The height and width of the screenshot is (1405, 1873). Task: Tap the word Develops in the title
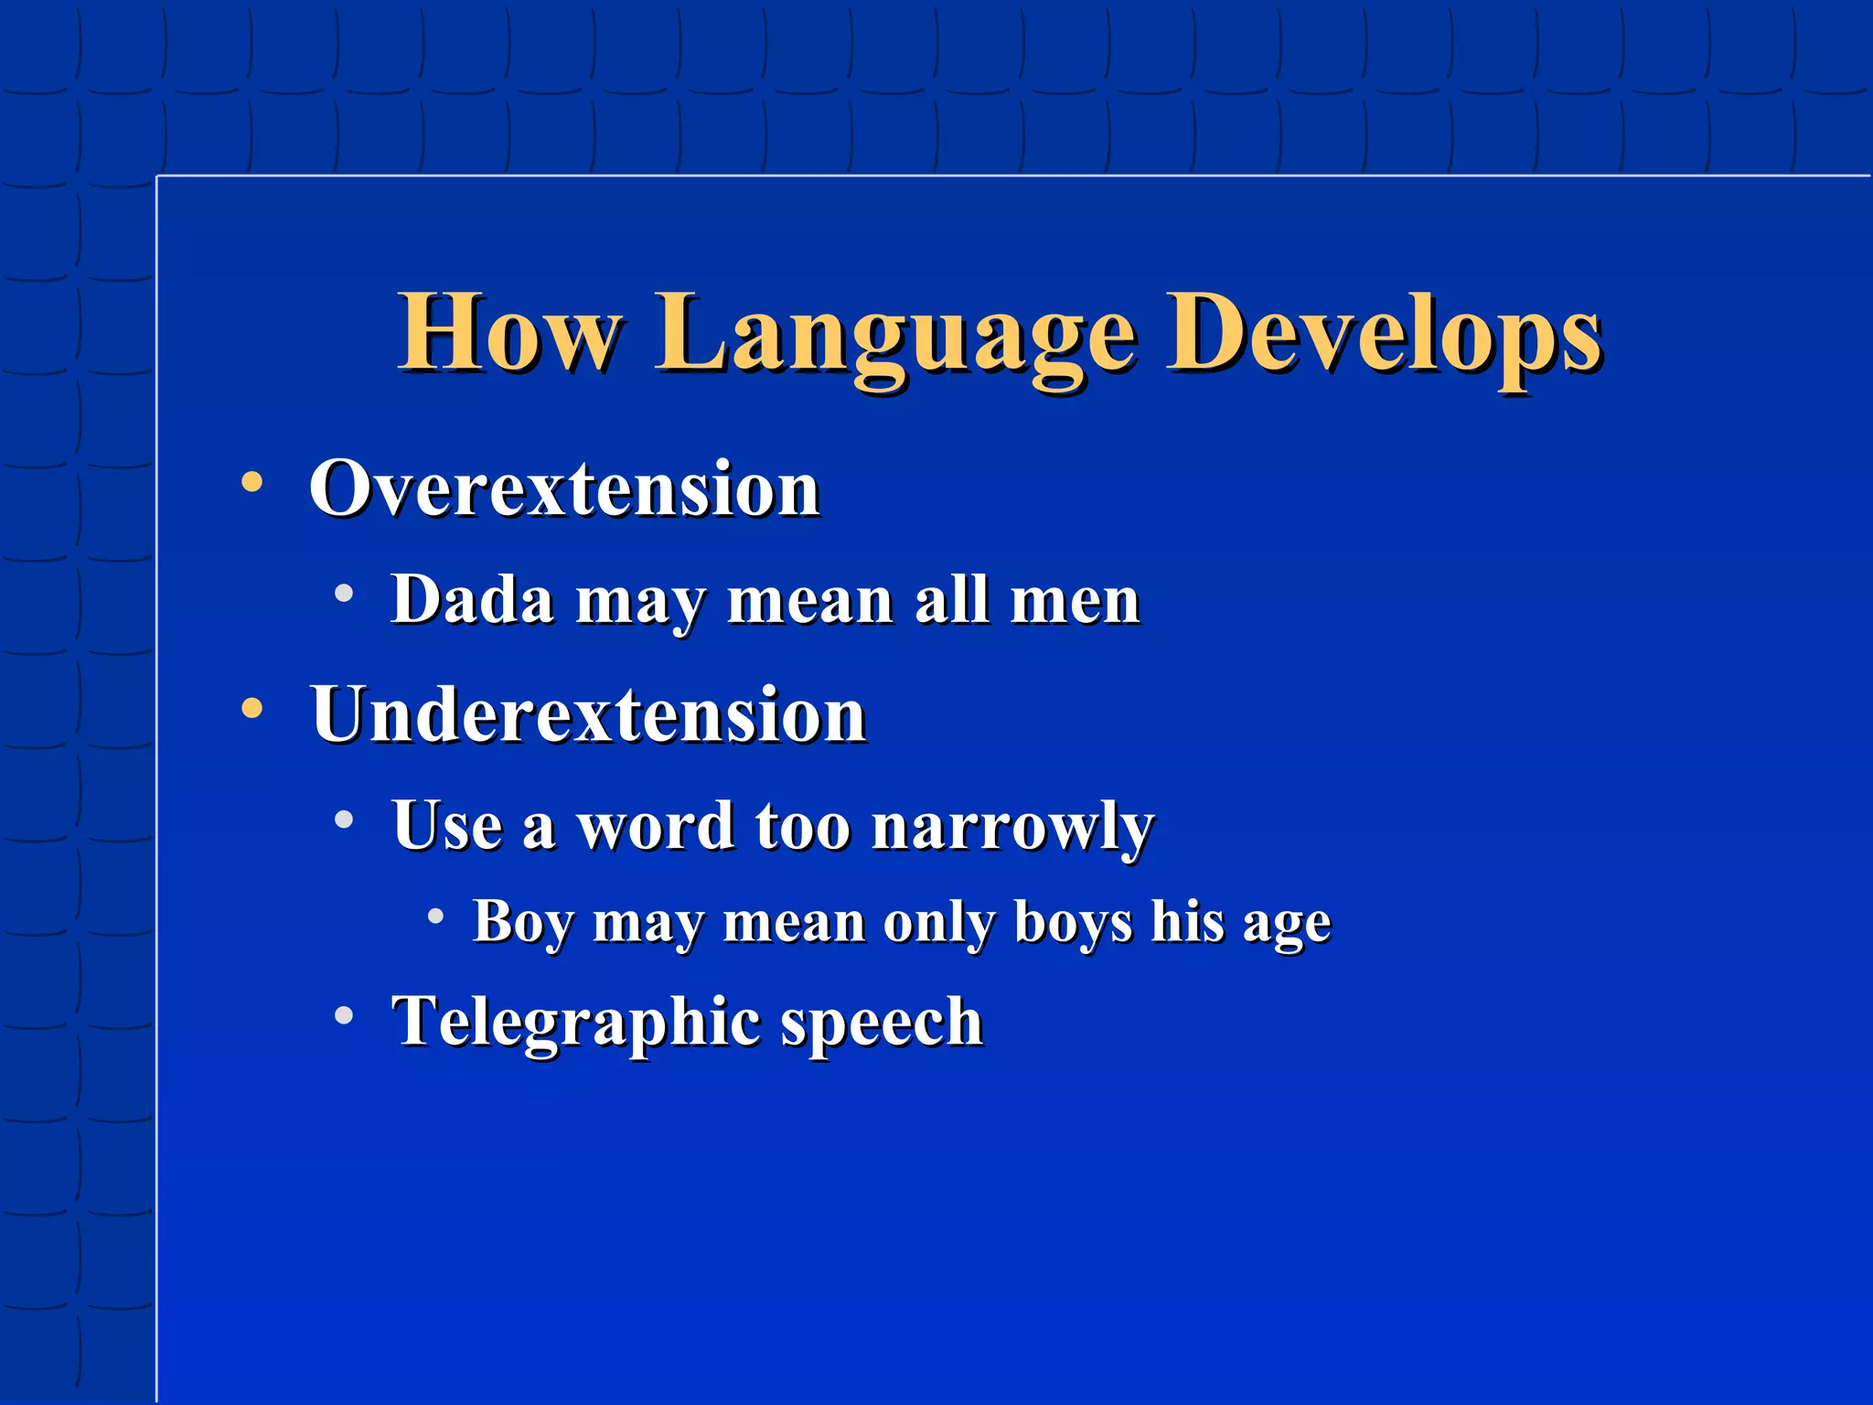coord(1383,335)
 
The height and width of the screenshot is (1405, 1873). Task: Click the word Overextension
coord(563,489)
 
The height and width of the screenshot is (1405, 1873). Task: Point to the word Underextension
coord(587,715)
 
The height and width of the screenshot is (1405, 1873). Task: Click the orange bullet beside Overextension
coord(252,481)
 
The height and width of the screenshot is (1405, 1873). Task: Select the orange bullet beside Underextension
coord(252,707)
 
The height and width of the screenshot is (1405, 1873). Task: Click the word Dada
coord(472,600)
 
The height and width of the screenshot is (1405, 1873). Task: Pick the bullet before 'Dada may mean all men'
coord(344,594)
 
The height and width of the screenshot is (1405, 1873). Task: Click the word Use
coord(447,825)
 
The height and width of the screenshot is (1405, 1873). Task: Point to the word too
coord(803,826)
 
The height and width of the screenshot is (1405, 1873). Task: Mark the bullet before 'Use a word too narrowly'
coord(344,819)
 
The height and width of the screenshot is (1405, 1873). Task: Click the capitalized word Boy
coord(522,922)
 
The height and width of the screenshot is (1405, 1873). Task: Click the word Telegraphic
coord(574,1023)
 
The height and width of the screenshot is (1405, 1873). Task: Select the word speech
coord(881,1023)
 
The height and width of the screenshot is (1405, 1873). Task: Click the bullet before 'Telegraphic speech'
coord(344,1014)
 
